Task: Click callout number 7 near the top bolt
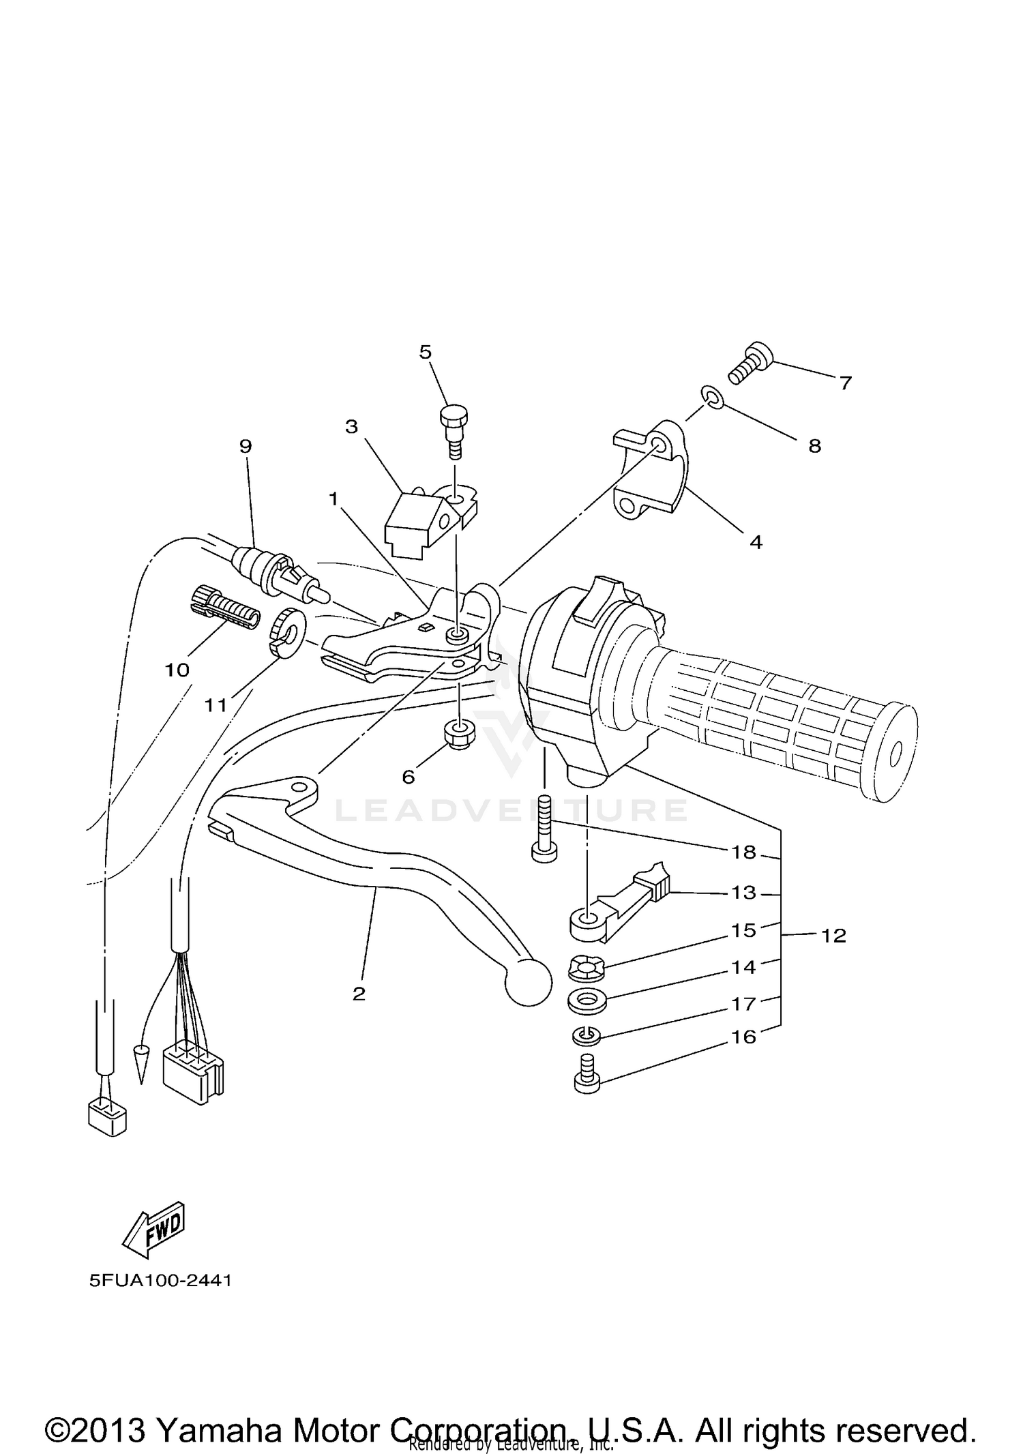846,383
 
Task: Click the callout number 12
833,936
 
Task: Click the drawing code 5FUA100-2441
160,1281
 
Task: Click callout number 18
744,852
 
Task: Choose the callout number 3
351,428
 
